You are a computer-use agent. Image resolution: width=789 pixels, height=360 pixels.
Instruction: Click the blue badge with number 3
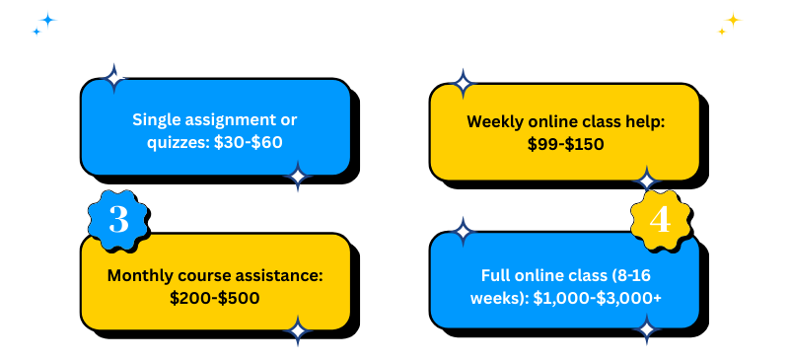(x=118, y=218)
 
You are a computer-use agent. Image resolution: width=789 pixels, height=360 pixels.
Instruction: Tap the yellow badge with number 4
(x=659, y=219)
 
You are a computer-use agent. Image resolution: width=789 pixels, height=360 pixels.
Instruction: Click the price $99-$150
(x=565, y=144)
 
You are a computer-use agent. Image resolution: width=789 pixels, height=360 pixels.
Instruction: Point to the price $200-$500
(x=215, y=296)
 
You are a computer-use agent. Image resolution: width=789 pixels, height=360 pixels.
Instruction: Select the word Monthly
(x=143, y=273)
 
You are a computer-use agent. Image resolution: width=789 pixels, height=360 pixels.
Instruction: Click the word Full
(x=497, y=274)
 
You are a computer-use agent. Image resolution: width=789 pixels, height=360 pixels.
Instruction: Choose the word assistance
(x=274, y=273)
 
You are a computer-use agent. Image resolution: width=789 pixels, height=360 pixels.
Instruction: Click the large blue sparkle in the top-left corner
(x=47, y=19)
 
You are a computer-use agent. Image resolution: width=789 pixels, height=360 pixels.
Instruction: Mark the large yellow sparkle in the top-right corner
(x=733, y=19)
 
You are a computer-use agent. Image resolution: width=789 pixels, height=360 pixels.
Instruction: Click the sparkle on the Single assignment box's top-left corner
(x=114, y=78)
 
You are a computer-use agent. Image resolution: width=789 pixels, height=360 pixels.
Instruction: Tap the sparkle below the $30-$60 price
(x=298, y=178)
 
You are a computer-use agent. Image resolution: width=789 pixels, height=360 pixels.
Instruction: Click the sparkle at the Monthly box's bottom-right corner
(x=297, y=331)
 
